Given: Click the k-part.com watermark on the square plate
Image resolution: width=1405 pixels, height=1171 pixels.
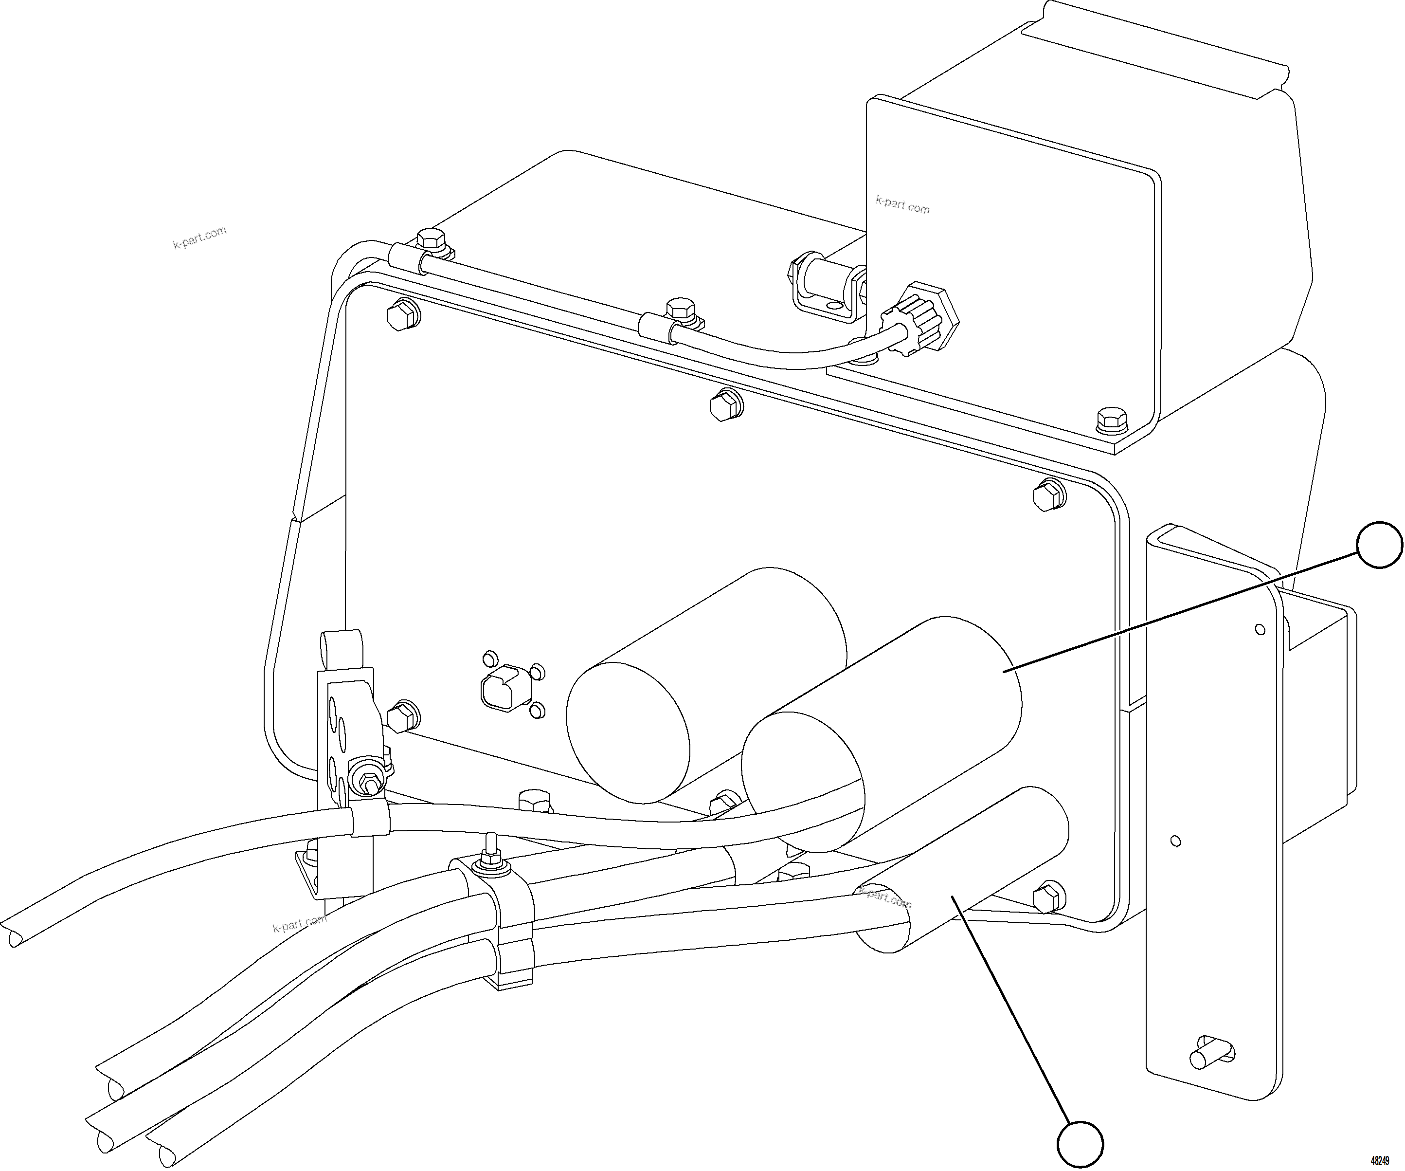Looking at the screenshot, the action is click(902, 205).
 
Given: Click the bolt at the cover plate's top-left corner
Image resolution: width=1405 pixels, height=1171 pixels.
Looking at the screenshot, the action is click(402, 314).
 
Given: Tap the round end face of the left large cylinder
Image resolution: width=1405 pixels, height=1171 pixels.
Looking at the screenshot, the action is click(628, 732).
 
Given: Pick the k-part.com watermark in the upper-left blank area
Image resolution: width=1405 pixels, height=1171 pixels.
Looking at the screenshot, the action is click(199, 238).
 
